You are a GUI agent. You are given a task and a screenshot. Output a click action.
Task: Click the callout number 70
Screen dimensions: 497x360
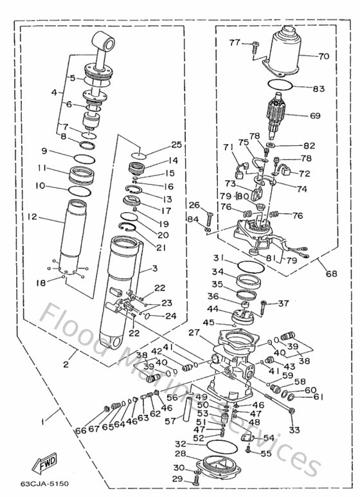[323, 57]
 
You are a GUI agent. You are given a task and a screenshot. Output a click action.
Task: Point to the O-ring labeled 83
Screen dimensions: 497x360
[279, 86]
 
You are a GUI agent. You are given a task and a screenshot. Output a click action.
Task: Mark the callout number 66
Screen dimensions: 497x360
[80, 430]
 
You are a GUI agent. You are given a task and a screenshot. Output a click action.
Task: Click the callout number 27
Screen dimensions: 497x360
[194, 332]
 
